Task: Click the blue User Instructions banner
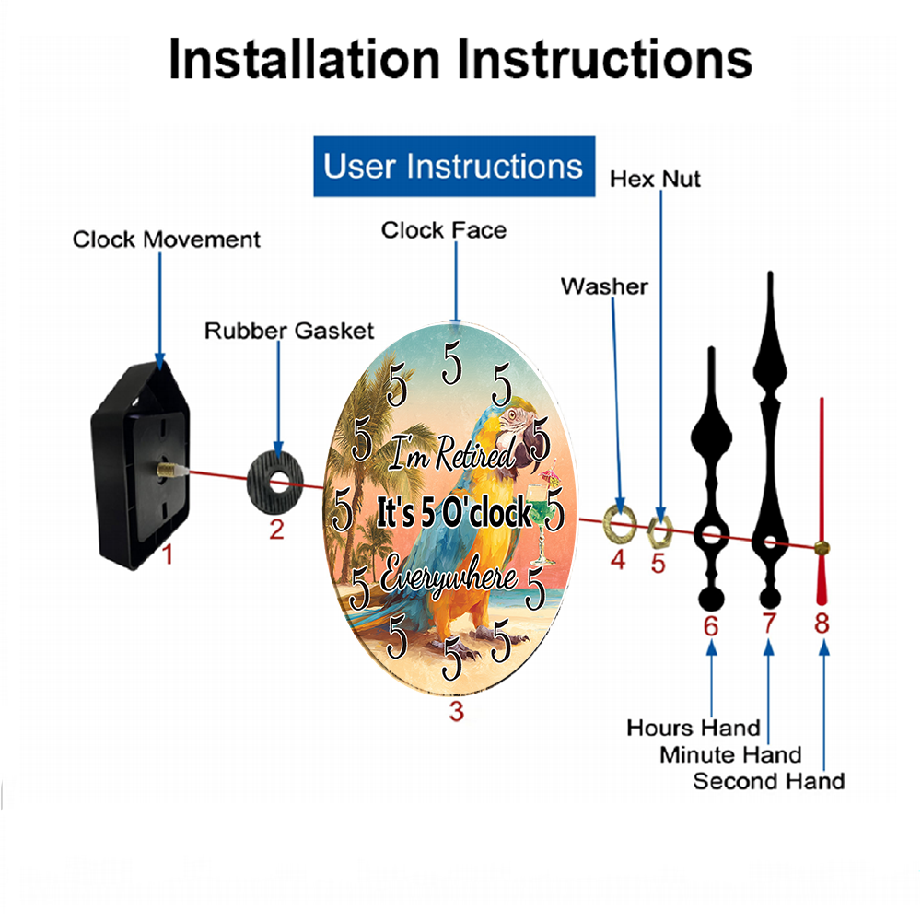click(x=454, y=166)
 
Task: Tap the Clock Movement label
click(x=166, y=239)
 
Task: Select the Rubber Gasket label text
click(x=289, y=331)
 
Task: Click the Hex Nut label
click(x=655, y=180)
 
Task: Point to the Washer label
click(x=604, y=286)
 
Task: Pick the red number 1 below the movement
click(x=168, y=554)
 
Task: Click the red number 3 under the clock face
click(x=457, y=711)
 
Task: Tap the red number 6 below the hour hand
click(x=711, y=626)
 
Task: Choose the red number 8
click(x=822, y=624)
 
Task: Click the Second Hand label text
click(x=769, y=781)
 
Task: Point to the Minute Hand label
click(x=730, y=755)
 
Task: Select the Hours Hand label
click(x=694, y=728)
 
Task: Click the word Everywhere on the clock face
click(x=449, y=577)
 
